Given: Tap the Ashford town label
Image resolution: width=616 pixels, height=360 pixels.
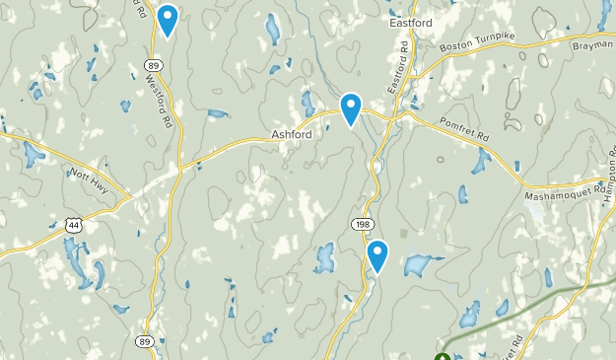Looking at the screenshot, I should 291,135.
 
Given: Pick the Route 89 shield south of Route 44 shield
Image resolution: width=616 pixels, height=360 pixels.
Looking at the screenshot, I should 144,341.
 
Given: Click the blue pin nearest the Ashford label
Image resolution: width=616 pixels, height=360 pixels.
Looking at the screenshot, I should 351,109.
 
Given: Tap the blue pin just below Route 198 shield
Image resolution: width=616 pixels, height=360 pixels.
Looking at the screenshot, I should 377,256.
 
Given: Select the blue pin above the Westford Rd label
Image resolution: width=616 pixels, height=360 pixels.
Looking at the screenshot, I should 168,20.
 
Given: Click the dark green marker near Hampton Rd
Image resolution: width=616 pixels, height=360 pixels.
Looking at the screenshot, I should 443,356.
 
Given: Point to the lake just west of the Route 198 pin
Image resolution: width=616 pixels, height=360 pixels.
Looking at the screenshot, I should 324,257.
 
